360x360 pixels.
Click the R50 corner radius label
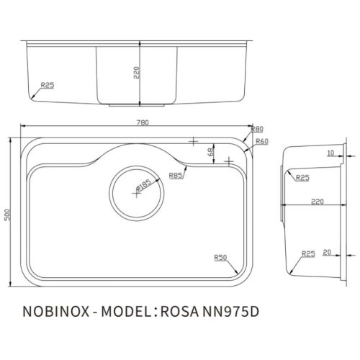(220, 256)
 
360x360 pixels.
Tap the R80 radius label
(258, 130)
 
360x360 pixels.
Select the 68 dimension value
(210, 153)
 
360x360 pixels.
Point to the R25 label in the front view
(48, 86)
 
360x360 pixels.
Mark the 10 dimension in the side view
(330, 153)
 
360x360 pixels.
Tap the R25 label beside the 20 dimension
(308, 253)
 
